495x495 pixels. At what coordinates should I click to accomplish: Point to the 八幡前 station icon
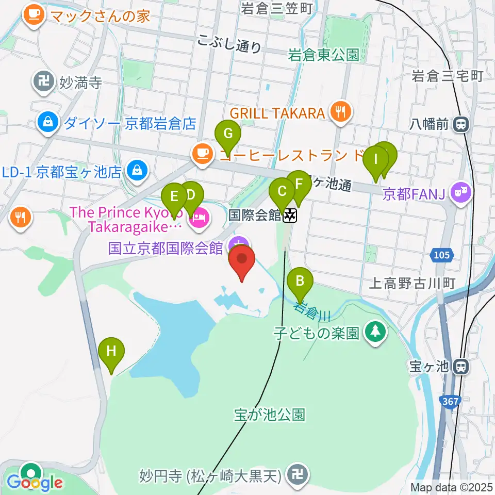461,124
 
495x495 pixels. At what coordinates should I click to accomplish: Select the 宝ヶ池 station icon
461,367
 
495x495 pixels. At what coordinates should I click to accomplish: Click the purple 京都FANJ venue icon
461,193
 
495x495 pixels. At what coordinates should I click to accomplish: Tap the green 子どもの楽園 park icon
375,333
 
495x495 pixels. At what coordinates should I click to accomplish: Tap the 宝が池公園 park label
269,415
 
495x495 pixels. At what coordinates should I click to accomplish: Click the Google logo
35,483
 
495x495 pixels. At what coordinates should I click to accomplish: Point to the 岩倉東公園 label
323,55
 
